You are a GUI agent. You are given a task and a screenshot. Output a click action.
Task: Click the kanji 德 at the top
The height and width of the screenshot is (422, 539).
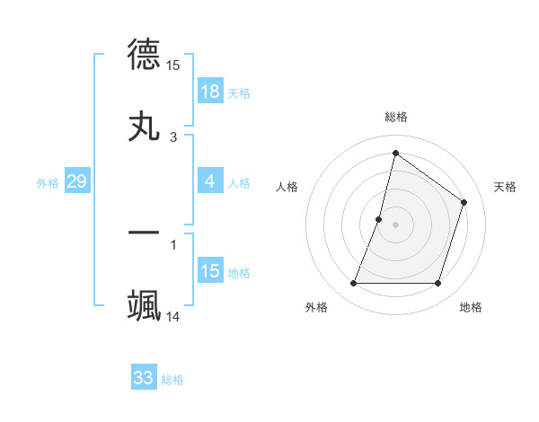coord(144,53)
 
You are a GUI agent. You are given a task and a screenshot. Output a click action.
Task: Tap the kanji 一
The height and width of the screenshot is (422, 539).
coord(144,232)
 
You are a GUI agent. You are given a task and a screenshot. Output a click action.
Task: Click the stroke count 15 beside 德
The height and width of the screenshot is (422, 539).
coord(173,65)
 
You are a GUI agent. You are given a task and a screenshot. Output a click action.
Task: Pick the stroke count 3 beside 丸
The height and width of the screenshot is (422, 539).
coord(173,137)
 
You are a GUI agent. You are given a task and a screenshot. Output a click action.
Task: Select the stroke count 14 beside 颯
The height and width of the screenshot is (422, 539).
coord(173,317)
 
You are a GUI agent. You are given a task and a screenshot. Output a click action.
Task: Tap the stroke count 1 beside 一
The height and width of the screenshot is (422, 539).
coord(173,243)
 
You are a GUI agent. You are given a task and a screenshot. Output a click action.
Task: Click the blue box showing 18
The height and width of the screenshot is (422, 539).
coord(209,92)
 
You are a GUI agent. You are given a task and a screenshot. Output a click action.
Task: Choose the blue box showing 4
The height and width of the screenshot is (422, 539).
coord(209,181)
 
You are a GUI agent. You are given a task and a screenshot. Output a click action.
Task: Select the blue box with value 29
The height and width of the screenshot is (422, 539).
coord(76,181)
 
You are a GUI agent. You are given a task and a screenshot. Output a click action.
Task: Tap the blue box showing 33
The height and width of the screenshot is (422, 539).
coord(144,378)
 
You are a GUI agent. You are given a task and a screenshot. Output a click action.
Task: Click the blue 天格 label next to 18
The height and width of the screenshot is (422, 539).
coord(239,93)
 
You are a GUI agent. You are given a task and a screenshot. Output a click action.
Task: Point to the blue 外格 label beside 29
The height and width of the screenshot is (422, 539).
coord(48,183)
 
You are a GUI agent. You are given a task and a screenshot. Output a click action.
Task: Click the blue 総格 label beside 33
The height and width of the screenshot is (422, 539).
coord(172,380)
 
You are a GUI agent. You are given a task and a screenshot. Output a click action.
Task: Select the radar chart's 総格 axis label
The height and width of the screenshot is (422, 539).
coord(395,117)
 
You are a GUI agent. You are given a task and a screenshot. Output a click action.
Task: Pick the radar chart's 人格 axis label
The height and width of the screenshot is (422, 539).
coord(287,187)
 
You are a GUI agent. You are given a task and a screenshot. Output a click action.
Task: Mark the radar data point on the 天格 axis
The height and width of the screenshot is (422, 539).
coord(464,202)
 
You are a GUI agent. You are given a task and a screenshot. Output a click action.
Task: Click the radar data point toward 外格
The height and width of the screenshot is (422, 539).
coord(353,284)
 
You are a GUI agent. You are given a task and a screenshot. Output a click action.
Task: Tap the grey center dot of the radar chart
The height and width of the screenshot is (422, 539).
coord(395,224)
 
